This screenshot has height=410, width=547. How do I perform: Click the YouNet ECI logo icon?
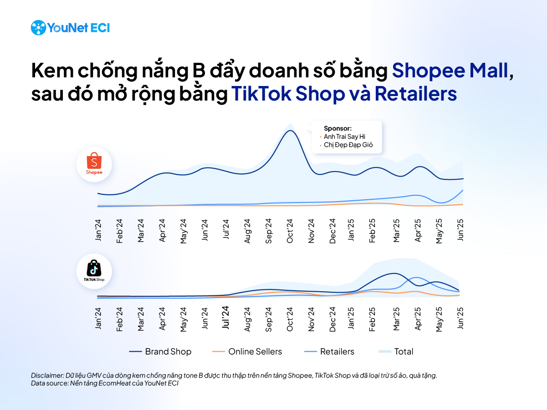[x=38, y=28]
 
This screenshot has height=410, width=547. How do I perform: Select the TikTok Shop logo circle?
[x=94, y=272]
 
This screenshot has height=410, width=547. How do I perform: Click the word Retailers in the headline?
[x=415, y=94]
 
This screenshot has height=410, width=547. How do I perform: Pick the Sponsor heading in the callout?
[x=338, y=128]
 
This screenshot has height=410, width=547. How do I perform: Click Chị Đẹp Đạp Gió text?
[x=348, y=145]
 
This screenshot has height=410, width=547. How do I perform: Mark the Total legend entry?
[x=396, y=352]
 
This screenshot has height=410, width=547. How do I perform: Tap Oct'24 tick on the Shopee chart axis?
[x=290, y=231]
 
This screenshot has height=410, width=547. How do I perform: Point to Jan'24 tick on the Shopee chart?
[x=98, y=231]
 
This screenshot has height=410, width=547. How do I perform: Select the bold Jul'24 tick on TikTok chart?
[x=225, y=317]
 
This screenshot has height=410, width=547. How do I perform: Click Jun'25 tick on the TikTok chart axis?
[x=461, y=317]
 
